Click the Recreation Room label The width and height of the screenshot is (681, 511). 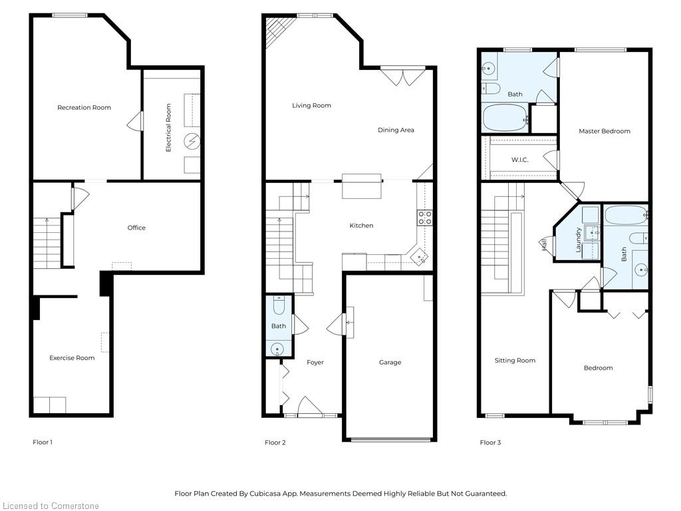tap(84, 108)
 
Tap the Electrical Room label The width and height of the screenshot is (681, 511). tap(169, 127)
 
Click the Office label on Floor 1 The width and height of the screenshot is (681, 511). tap(136, 228)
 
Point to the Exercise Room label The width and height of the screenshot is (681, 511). tap(72, 358)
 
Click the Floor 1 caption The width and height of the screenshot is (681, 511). tap(43, 442)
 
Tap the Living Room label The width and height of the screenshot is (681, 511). tap(311, 106)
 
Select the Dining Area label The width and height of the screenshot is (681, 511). tap(396, 130)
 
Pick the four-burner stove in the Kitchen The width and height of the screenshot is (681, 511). tap(424, 218)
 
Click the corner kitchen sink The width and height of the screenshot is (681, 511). tap(418, 256)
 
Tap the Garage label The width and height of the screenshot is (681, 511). tap(390, 363)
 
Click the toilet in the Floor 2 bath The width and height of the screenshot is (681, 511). tap(279, 305)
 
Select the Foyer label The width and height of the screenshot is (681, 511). tap(315, 363)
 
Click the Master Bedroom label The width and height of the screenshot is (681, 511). tap(604, 132)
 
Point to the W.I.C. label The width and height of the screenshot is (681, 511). tap(519, 160)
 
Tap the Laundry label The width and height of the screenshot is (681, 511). tap(579, 240)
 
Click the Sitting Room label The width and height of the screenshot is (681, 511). tap(515, 361)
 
